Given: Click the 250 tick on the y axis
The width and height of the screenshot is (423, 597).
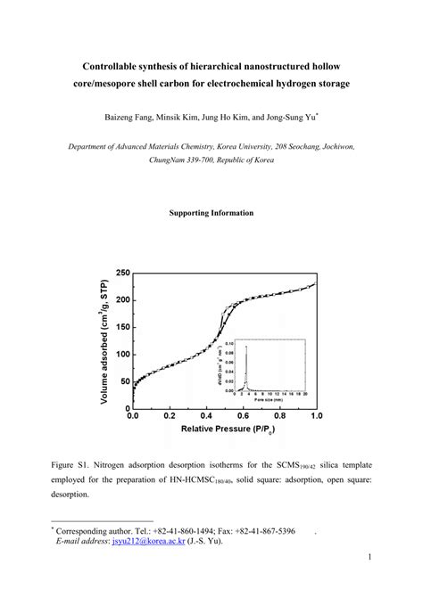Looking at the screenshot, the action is (121, 273).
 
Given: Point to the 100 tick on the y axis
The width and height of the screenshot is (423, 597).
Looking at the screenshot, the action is (121, 355).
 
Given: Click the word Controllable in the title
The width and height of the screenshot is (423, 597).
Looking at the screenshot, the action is (118, 67).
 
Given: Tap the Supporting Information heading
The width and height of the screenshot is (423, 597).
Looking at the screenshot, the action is (211, 213).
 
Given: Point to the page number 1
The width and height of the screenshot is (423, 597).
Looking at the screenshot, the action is (369, 558).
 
